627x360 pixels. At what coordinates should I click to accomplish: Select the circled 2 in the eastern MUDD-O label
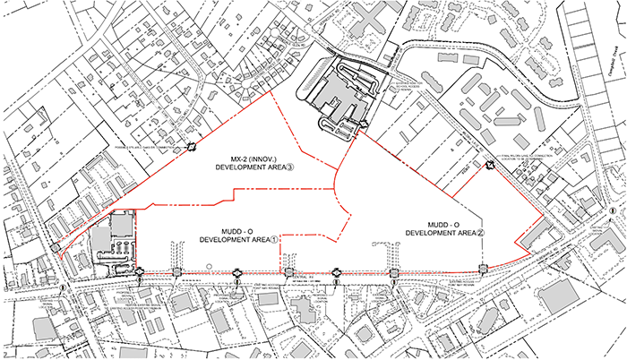(481, 232)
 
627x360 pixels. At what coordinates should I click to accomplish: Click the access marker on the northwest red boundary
(192, 148)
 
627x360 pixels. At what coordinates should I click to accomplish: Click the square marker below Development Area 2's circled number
(483, 269)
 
